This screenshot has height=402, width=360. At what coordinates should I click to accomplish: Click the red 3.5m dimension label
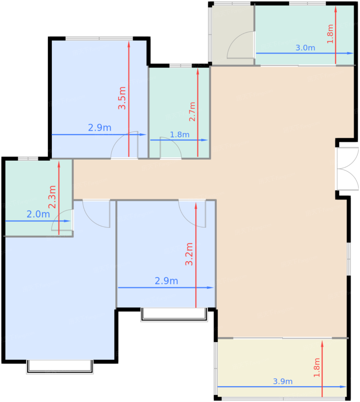(x=122, y=98)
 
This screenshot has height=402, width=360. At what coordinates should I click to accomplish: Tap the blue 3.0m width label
(x=305, y=48)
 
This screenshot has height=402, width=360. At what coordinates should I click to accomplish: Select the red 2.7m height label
(x=192, y=112)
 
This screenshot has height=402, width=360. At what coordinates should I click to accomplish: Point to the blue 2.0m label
(x=38, y=214)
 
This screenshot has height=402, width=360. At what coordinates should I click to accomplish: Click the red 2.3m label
(x=52, y=197)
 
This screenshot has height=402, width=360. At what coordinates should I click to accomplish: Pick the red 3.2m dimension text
(x=189, y=254)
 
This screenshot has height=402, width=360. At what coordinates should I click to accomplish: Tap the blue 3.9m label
(x=283, y=381)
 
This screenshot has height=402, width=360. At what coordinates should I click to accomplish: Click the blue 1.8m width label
(x=180, y=135)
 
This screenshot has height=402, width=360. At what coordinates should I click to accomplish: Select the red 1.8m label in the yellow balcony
(x=317, y=368)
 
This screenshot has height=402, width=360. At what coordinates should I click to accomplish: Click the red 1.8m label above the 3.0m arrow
(x=330, y=34)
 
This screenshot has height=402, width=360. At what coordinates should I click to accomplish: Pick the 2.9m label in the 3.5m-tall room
(x=99, y=127)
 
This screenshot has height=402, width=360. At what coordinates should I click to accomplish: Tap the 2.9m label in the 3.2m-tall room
(x=166, y=281)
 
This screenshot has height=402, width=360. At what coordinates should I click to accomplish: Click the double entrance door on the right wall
(x=347, y=169)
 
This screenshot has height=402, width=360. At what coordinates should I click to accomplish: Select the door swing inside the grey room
(x=241, y=45)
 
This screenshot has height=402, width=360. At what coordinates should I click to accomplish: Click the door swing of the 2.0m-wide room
(x=62, y=220)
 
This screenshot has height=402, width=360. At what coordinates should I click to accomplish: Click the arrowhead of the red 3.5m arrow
(x=129, y=44)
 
